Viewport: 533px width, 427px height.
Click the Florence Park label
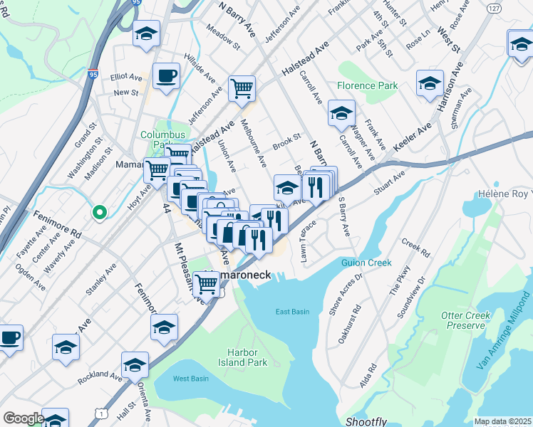(x=368, y=85)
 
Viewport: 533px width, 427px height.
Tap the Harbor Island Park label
(x=247, y=357)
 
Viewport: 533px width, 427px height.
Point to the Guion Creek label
(x=366, y=263)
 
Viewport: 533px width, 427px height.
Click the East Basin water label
(x=293, y=312)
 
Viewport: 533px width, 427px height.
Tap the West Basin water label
(x=190, y=379)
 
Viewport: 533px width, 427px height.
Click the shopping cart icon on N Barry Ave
(x=242, y=89)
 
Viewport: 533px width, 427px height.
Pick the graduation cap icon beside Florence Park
(x=341, y=112)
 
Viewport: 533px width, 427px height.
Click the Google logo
(x=24, y=418)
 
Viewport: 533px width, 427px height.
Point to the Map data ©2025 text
(x=502, y=421)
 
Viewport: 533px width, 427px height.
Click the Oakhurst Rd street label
(x=350, y=325)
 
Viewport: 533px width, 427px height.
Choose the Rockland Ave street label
(x=100, y=375)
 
